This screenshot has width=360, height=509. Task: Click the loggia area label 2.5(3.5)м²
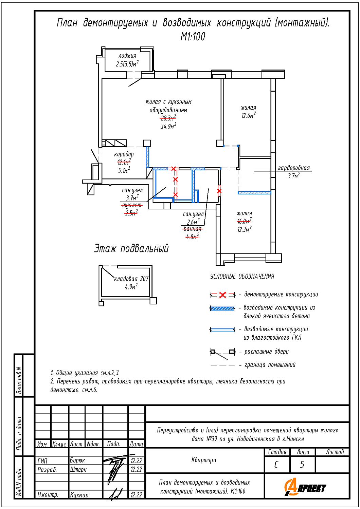[127, 64]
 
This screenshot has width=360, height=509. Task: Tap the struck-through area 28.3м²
[168, 118]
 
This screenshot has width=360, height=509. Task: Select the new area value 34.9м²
[168, 126]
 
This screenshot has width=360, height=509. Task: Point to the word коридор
[124, 154]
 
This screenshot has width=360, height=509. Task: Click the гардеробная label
[294, 168]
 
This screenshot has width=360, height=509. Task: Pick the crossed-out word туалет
[132, 205]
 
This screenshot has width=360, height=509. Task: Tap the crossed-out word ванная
[192, 229]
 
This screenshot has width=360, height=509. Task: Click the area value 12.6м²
[249, 115]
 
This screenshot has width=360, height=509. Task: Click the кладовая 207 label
[131, 279]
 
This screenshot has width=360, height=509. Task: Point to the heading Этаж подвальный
[131, 248]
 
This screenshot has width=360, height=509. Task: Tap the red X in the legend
[223, 295]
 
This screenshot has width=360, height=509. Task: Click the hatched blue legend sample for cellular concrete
[222, 308]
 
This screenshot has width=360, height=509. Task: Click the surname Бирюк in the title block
[77, 460]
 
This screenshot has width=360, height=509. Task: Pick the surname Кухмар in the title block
[79, 495]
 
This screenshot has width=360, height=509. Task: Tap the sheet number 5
[302, 465]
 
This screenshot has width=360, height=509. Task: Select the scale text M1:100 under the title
[193, 37]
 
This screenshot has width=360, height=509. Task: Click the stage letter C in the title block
[276, 465]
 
